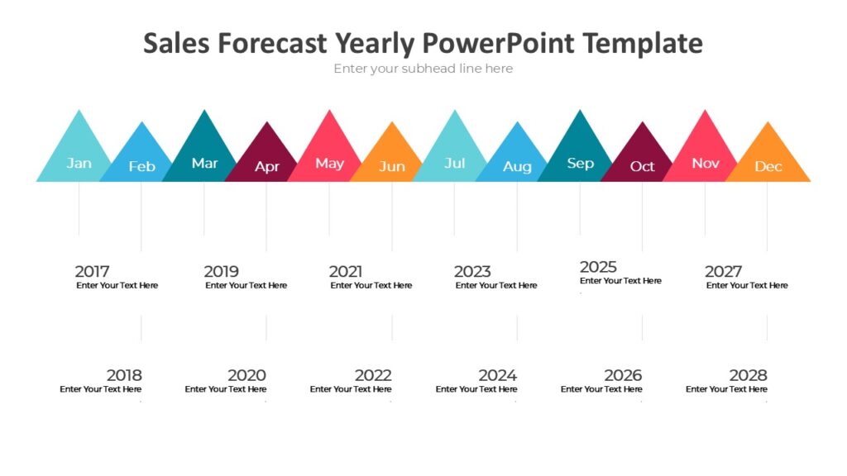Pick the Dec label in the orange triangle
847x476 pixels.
768,166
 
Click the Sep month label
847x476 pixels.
580,163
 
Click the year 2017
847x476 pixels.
92,271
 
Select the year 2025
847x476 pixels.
598,267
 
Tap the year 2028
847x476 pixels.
748,375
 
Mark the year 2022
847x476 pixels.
372,375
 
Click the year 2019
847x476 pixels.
221,271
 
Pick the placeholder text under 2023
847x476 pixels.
495,286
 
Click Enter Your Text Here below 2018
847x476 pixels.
100,389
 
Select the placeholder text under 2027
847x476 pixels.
747,286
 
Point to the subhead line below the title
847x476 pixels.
423,69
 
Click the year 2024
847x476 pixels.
497,375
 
